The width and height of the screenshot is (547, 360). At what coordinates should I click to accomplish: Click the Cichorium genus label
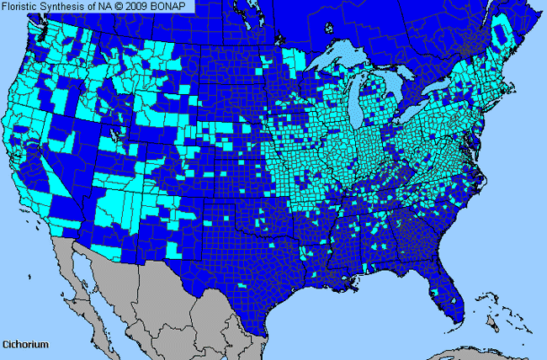[x=25, y=345]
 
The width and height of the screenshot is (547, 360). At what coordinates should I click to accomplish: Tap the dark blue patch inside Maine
[x=502, y=34]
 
